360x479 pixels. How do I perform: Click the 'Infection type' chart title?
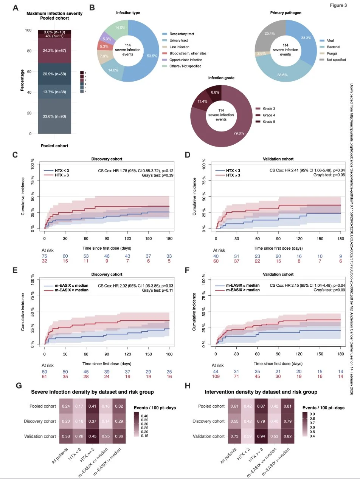(129, 12)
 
